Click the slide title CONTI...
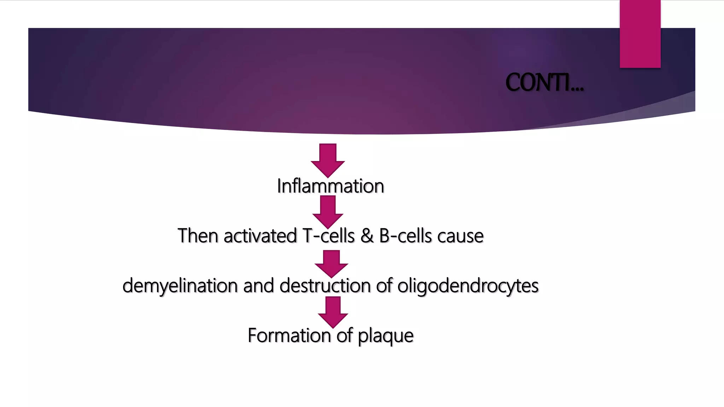click(544, 83)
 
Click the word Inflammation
click(331, 186)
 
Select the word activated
click(260, 236)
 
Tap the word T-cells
click(328, 236)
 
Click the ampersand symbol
click(367, 236)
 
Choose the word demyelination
click(180, 286)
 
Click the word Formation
click(289, 335)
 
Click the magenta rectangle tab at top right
click(640, 34)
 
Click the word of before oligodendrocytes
click(384, 285)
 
